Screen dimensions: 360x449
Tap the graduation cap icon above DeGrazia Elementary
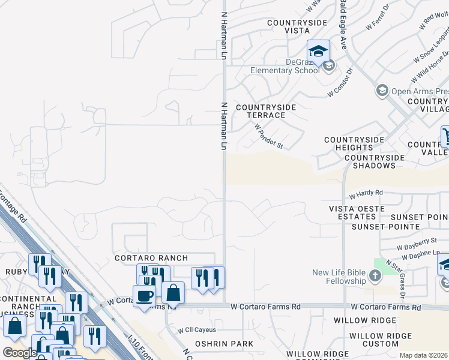[318, 50]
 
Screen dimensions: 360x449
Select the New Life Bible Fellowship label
[339, 277]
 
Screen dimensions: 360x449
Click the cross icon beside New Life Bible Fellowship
[375, 276]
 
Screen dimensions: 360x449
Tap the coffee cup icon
[144, 296]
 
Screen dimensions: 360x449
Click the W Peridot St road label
[268, 136]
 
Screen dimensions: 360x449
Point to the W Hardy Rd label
[366, 193]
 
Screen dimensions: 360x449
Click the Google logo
[20, 353]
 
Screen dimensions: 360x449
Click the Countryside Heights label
[354, 144]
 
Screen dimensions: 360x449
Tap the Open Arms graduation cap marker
[381, 91]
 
